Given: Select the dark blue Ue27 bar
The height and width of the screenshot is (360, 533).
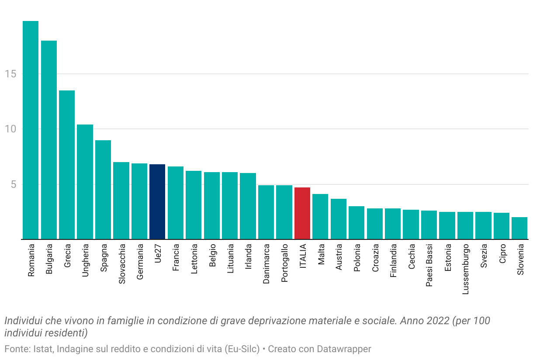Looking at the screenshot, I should tap(157, 202).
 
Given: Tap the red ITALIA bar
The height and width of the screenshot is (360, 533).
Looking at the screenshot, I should tap(302, 213).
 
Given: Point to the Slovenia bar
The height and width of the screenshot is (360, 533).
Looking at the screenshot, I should tap(519, 228).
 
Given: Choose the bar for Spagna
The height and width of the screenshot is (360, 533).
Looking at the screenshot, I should tap(103, 190).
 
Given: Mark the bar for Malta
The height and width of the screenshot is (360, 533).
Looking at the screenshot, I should tap(320, 217).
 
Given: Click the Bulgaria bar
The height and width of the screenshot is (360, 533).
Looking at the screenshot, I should tap(49, 140).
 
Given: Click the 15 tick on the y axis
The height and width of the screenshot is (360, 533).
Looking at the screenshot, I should tap(11, 74).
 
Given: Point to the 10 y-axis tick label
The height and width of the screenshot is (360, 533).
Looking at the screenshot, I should tap(11, 129).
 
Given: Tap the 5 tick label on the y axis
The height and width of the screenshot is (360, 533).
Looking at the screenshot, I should tap(14, 184).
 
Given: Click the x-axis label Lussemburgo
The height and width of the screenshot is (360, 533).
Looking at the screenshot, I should tap(466, 269).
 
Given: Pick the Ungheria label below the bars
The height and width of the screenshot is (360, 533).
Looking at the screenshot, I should tap(85, 262).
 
